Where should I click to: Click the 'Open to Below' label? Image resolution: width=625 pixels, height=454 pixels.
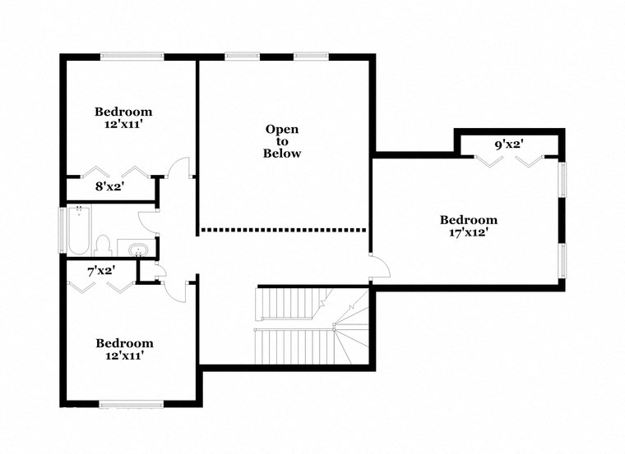coord(282,141)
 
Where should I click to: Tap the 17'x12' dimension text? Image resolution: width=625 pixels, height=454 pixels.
coord(468,232)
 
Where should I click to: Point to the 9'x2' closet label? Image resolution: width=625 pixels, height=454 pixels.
coord(509,145)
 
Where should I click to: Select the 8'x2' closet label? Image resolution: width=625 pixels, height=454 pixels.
coord(110,186)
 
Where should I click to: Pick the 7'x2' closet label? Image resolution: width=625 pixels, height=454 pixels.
coord(101,269)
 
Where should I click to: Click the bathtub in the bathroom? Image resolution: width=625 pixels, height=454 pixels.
coord(79,229)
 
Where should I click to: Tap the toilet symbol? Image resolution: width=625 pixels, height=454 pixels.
coord(104,244)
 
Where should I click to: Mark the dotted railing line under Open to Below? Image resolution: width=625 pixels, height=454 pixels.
coord(283,230)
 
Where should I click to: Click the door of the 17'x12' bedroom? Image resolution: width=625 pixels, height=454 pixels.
coord(379,266)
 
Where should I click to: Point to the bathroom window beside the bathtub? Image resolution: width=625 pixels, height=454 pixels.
coord(62,229)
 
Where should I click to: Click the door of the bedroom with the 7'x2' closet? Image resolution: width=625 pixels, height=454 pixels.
coord(174,287)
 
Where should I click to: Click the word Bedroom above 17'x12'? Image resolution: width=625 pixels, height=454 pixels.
coord(468,219)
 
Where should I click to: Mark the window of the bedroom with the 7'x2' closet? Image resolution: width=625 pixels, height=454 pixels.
coord(128,403)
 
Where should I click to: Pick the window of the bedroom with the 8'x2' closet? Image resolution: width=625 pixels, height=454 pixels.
coord(132,56)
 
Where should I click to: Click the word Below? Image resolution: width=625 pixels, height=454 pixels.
coord(282,154)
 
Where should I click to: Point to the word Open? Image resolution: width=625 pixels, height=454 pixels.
coord(282,129)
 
